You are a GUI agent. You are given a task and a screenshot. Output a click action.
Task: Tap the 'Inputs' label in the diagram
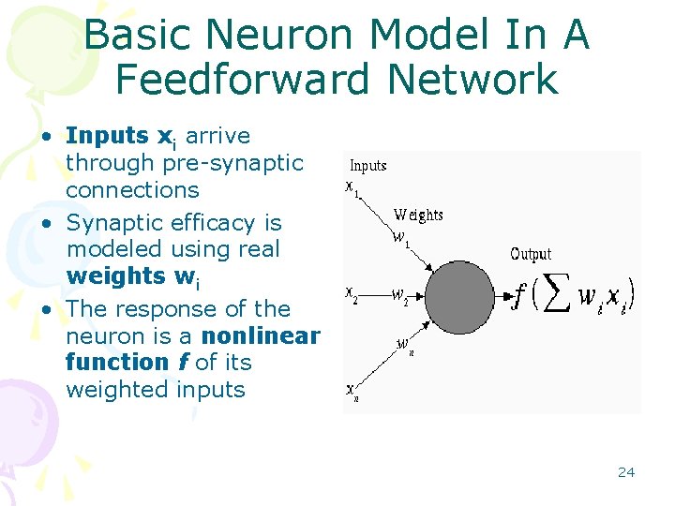click(367, 166)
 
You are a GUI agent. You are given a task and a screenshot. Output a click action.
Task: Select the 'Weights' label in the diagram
click(418, 215)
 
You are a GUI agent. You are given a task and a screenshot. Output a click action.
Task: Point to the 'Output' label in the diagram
click(531, 254)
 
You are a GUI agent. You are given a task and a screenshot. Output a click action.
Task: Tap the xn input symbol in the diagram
click(352, 392)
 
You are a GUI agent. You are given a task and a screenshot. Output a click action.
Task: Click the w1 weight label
click(400, 238)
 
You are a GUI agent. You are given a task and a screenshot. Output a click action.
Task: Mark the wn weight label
click(402, 347)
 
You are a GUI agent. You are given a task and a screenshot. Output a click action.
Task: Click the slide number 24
click(626, 472)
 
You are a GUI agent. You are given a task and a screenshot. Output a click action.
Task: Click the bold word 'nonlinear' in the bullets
click(261, 335)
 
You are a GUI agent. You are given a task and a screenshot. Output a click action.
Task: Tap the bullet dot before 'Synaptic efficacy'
click(46, 224)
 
